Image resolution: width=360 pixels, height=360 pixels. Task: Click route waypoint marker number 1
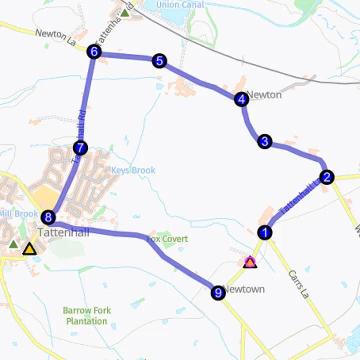coord(264,232)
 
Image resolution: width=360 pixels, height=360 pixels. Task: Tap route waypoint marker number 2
coord(326,177)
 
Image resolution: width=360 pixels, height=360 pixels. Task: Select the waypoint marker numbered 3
coord(264,141)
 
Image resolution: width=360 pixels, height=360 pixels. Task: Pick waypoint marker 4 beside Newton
coord(241,99)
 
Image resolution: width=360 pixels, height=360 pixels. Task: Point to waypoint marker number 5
coord(159,61)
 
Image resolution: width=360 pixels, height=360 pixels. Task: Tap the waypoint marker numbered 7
coord(80,148)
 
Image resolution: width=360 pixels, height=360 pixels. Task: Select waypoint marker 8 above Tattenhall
coord(48,217)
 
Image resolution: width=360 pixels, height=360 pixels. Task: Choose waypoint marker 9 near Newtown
coord(217,293)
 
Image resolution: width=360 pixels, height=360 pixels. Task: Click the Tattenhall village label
coord(56,232)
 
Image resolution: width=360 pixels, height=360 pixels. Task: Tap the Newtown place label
coord(244,289)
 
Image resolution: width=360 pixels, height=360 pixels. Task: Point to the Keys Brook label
coord(133,170)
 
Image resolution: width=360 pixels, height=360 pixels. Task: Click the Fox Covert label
coord(167,239)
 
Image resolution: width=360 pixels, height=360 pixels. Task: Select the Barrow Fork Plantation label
coord(87,315)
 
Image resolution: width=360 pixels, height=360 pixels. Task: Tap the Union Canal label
coord(180,5)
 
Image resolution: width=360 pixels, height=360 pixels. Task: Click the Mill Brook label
coord(18,214)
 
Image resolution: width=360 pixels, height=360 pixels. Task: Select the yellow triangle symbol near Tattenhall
coord(29,249)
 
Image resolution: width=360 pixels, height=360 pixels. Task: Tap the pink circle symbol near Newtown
coord(250,261)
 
